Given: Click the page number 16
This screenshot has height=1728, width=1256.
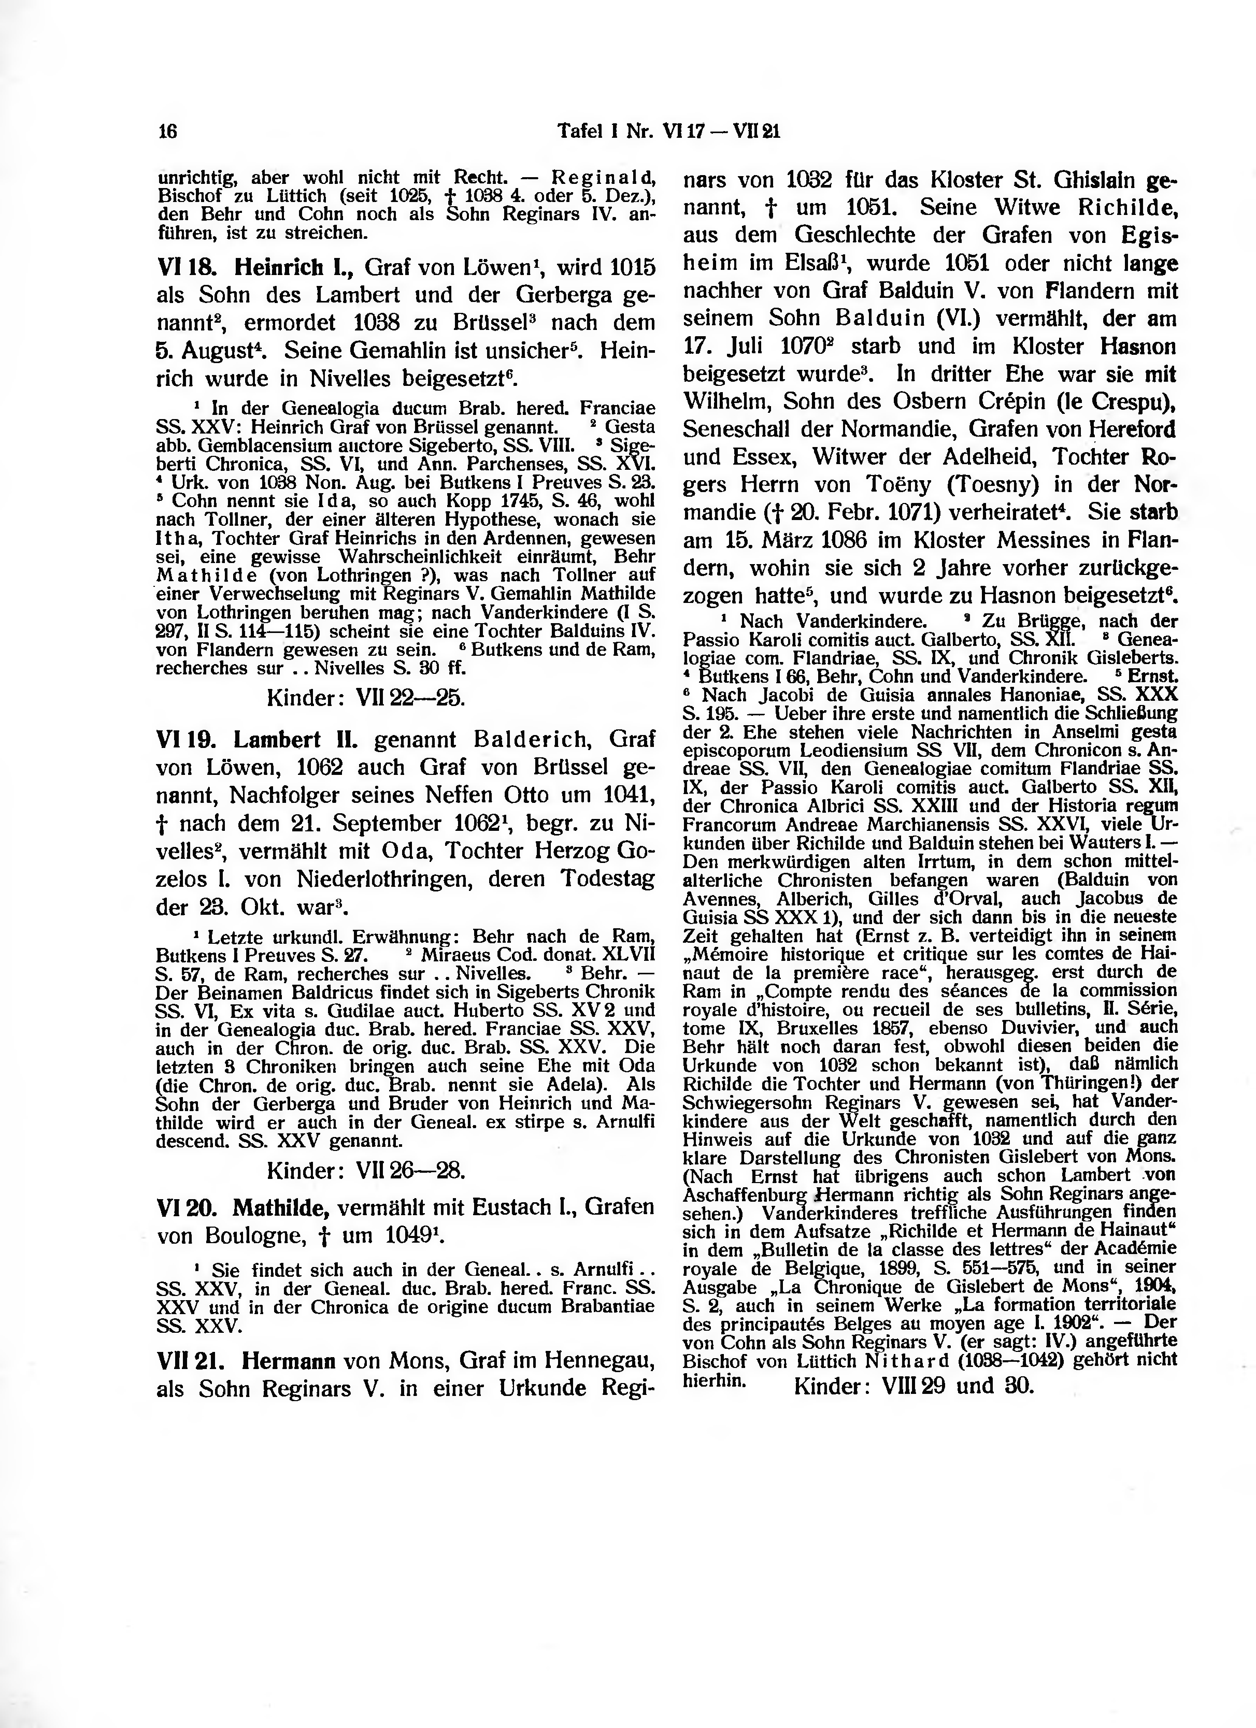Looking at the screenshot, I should click(x=167, y=132).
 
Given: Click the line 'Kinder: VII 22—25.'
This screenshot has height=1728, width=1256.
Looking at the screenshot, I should click(x=366, y=697).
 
